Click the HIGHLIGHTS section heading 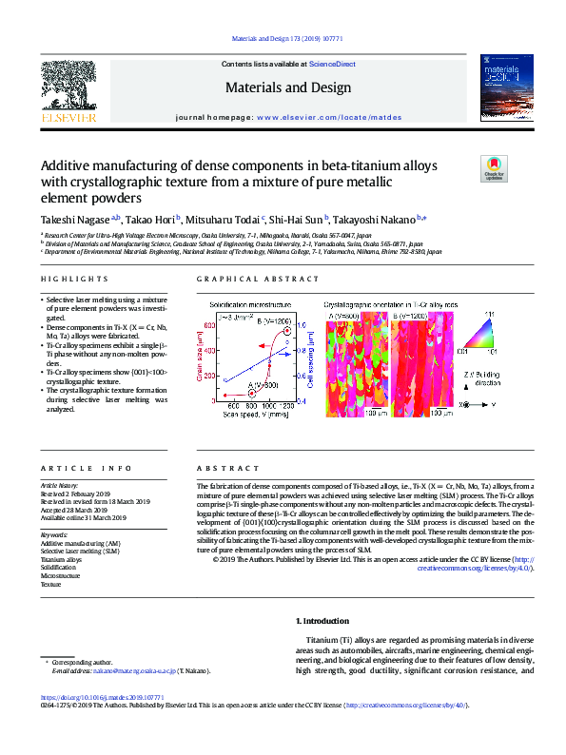75,279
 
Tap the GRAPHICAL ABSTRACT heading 258,279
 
